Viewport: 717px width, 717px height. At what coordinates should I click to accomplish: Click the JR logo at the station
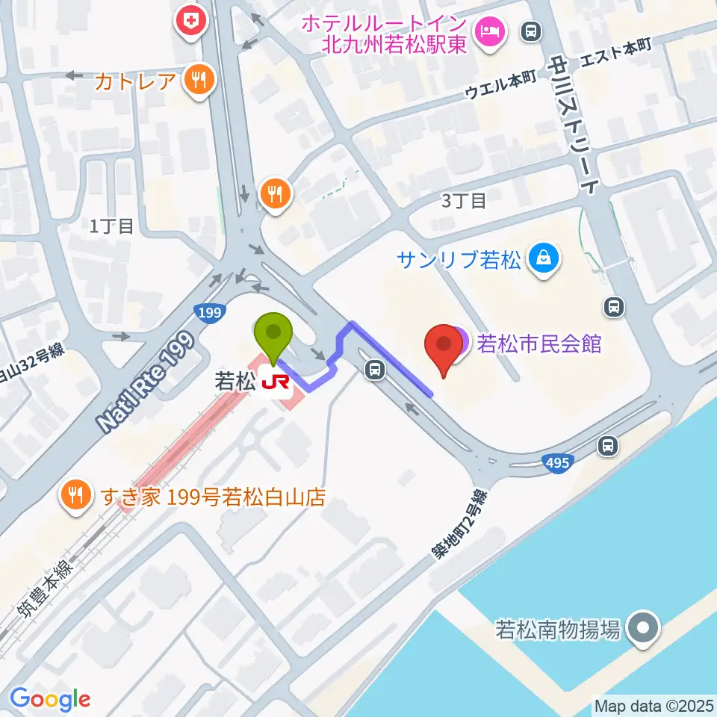(x=276, y=382)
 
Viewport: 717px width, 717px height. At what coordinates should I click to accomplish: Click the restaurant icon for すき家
(x=75, y=496)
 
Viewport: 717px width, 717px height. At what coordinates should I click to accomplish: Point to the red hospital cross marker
(x=192, y=21)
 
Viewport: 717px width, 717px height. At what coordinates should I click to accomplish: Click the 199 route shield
(x=210, y=312)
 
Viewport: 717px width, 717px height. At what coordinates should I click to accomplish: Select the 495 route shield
(x=558, y=464)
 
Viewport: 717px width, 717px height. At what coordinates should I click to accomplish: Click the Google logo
(x=50, y=699)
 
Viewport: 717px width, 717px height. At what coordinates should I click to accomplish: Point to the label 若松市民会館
(x=539, y=344)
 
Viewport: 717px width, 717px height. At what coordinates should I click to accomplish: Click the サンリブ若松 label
(x=459, y=260)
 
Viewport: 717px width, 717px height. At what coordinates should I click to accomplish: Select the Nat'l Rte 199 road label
(x=146, y=383)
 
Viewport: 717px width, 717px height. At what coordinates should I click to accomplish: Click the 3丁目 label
(x=464, y=200)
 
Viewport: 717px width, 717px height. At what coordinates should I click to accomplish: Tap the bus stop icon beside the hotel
(x=533, y=31)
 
